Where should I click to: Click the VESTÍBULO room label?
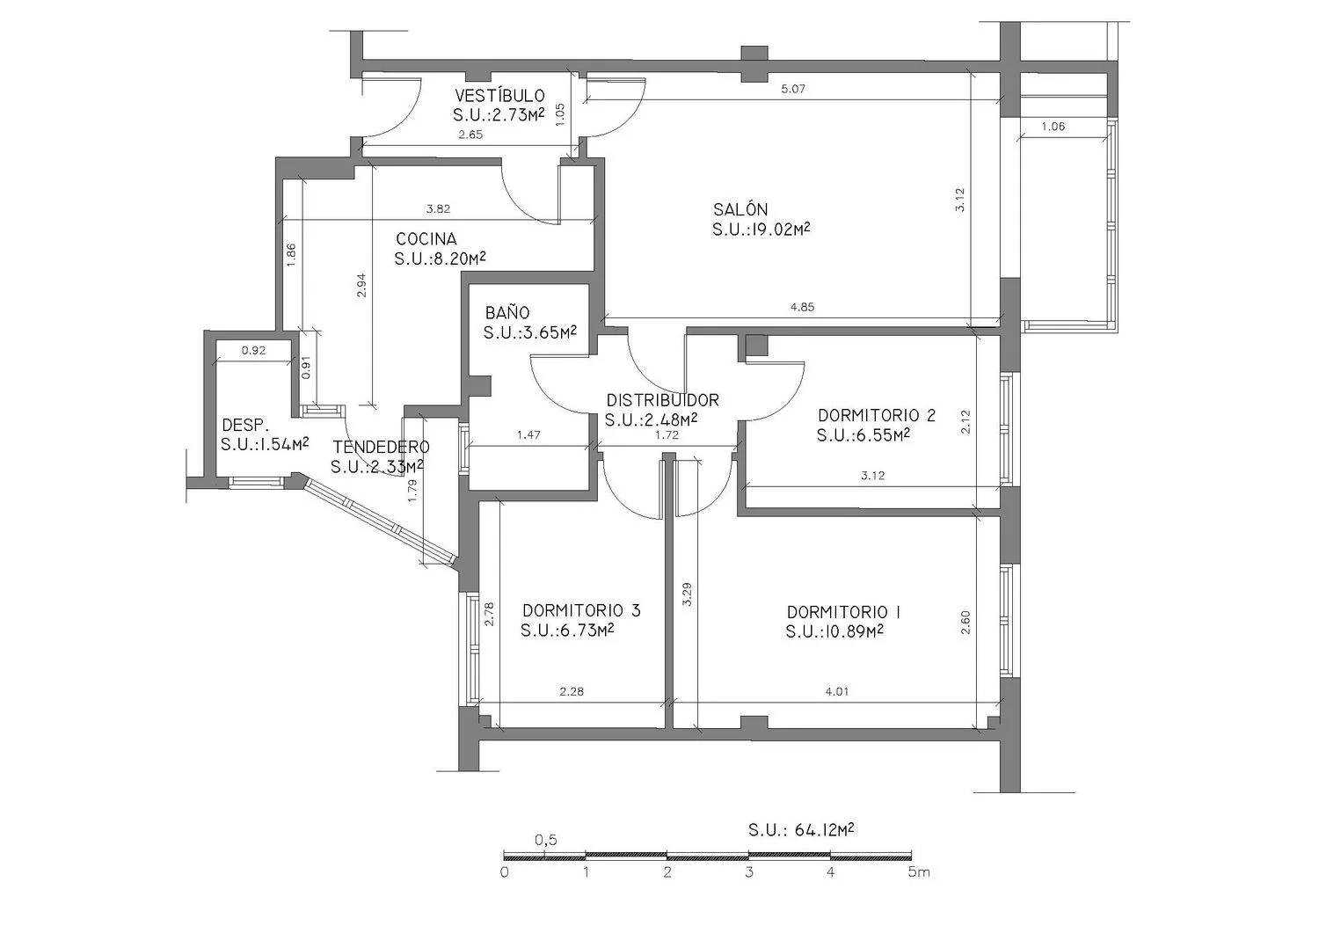pos(500,96)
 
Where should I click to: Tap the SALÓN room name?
pos(740,209)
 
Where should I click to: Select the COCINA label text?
pos(426,239)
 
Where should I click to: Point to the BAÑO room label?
pos(507,312)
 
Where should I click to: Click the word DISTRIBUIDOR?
pos(663,400)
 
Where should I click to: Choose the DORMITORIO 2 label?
pos(877,415)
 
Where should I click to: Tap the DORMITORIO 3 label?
pos(582,610)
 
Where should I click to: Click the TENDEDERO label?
pos(381,447)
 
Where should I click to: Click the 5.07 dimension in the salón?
pos(793,89)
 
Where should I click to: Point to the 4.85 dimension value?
pos(803,307)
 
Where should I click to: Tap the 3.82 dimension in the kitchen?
pos(438,208)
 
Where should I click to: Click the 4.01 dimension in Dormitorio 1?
pos(837,691)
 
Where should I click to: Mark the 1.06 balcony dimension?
pos(1053,127)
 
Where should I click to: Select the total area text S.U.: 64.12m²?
pos(801,830)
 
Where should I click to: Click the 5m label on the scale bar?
pos(919,872)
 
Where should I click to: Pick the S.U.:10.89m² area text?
pos(835,631)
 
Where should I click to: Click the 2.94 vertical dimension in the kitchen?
pos(361,285)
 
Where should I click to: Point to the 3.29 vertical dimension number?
pos(687,594)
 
